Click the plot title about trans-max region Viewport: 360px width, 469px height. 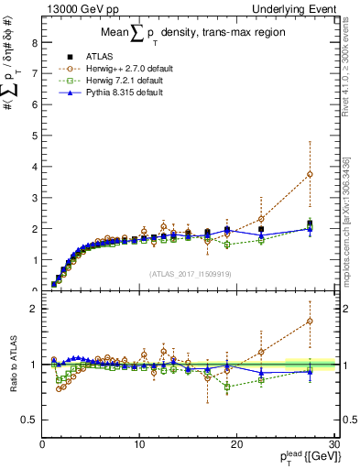point(188,36)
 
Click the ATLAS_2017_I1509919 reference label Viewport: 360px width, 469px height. point(189,273)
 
